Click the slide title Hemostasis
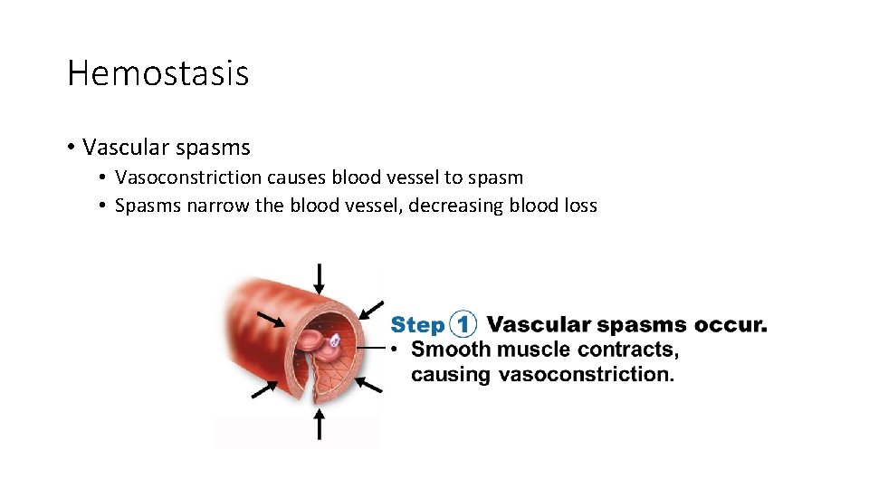pyautogui.click(x=158, y=73)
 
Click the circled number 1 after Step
pyautogui.click(x=463, y=324)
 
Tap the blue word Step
pyautogui.click(x=417, y=325)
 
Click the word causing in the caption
pyautogui.click(x=450, y=374)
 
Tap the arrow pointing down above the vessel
pyautogui.click(x=320, y=278)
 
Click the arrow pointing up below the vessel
pyautogui.click(x=319, y=424)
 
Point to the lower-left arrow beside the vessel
pyautogui.click(x=264, y=388)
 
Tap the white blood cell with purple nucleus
pyautogui.click(x=334, y=341)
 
